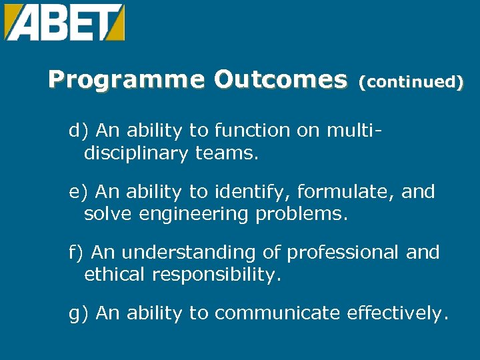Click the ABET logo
pos(64,22)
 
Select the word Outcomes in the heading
pos(281,81)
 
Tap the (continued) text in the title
pos(411,82)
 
